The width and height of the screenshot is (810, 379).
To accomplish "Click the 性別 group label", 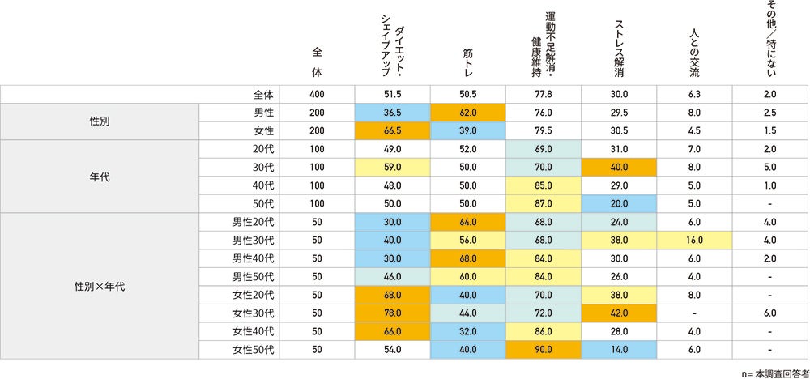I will click(x=100, y=121).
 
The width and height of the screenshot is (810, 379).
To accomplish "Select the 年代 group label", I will click(x=100, y=176).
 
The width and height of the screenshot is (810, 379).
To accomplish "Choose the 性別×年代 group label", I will click(x=100, y=285).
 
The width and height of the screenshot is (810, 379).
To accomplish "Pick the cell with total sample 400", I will click(x=318, y=94).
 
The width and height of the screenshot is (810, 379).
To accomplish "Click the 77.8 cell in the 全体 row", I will click(x=544, y=94).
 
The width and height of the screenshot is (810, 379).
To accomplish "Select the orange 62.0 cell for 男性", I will click(x=468, y=113).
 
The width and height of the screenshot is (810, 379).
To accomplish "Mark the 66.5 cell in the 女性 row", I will click(x=392, y=131).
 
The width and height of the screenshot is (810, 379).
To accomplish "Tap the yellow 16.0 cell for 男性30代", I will click(x=694, y=241).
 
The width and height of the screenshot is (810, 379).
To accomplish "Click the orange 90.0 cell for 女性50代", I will click(x=544, y=349).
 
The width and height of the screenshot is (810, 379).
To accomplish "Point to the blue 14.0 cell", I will click(x=619, y=349).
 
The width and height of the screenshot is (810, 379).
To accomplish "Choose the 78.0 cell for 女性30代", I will click(x=392, y=313).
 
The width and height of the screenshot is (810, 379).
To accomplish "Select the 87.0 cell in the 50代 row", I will click(x=544, y=204).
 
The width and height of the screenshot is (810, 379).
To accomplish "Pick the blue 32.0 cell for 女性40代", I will click(x=468, y=331).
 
